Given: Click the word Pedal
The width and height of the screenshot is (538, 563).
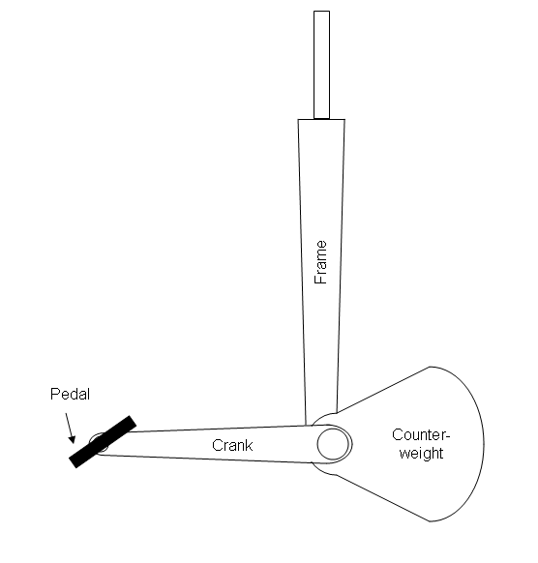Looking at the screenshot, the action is point(70,394).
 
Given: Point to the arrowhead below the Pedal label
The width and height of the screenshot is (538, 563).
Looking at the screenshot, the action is point(73,439).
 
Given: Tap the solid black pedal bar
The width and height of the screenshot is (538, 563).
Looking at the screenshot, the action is point(103,442).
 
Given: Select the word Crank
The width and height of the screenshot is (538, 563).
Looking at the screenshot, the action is point(232,445).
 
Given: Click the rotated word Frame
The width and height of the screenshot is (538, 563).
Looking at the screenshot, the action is point(320,262).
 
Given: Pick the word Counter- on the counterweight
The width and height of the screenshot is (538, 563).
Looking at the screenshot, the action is point(421,434).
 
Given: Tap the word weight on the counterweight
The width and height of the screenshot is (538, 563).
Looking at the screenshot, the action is point(421,453).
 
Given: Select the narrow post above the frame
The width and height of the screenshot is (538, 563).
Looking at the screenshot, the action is point(322,65).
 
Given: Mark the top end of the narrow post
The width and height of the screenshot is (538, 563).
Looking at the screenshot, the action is point(322,12).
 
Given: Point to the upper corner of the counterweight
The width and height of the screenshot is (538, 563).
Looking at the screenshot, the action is point(430,367).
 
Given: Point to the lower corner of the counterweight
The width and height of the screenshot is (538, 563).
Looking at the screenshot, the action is point(430,521).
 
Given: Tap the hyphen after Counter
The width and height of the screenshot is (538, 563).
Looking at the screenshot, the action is point(447,436).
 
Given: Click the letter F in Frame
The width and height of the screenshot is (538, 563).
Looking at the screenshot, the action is point(320,281).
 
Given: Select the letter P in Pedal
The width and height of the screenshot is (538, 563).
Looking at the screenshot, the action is point(54,394).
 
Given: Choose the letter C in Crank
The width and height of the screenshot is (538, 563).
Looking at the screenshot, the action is point(217,445).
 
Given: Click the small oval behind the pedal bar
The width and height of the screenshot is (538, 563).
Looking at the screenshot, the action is point(99,442).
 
